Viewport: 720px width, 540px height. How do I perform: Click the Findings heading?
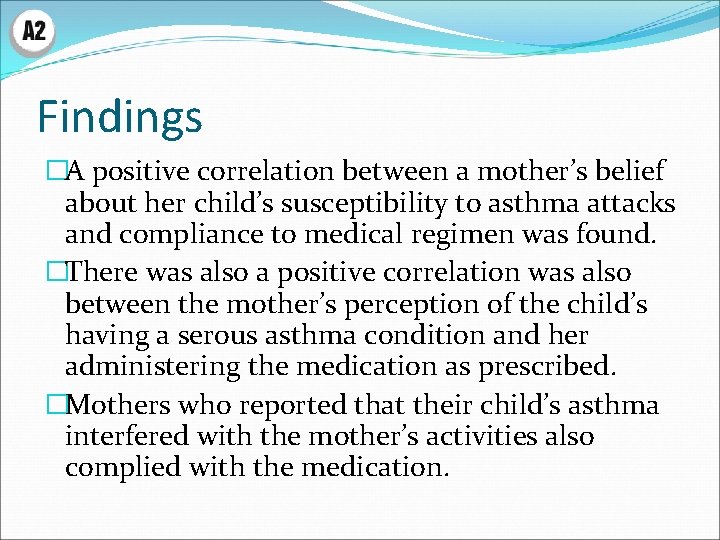(x=120, y=117)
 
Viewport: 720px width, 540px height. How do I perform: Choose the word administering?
(x=153, y=367)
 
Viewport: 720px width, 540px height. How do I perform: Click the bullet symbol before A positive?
(x=57, y=173)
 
